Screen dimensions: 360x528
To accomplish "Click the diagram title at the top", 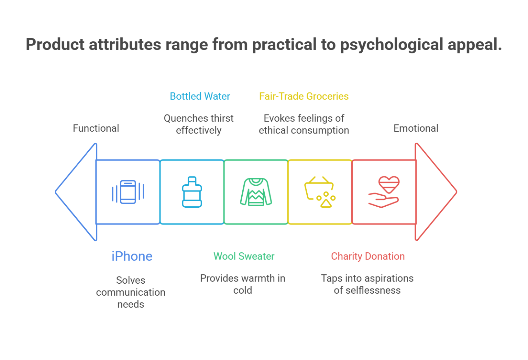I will point(264,46).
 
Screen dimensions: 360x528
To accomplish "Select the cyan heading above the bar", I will point(199,100).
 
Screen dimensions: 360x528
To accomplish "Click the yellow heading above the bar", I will point(298,100).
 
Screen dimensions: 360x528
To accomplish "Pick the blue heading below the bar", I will point(131,257).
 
